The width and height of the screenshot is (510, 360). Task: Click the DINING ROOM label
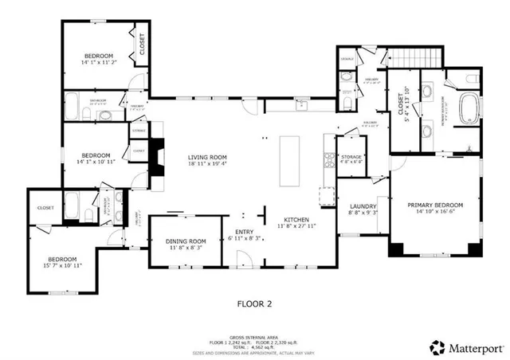click(x=186, y=241)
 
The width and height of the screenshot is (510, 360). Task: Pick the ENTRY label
click(x=245, y=232)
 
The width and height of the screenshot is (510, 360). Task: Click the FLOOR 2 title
click(x=255, y=303)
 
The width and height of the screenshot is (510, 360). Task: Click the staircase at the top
click(x=414, y=57)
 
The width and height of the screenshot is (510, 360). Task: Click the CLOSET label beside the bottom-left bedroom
click(x=45, y=208)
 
